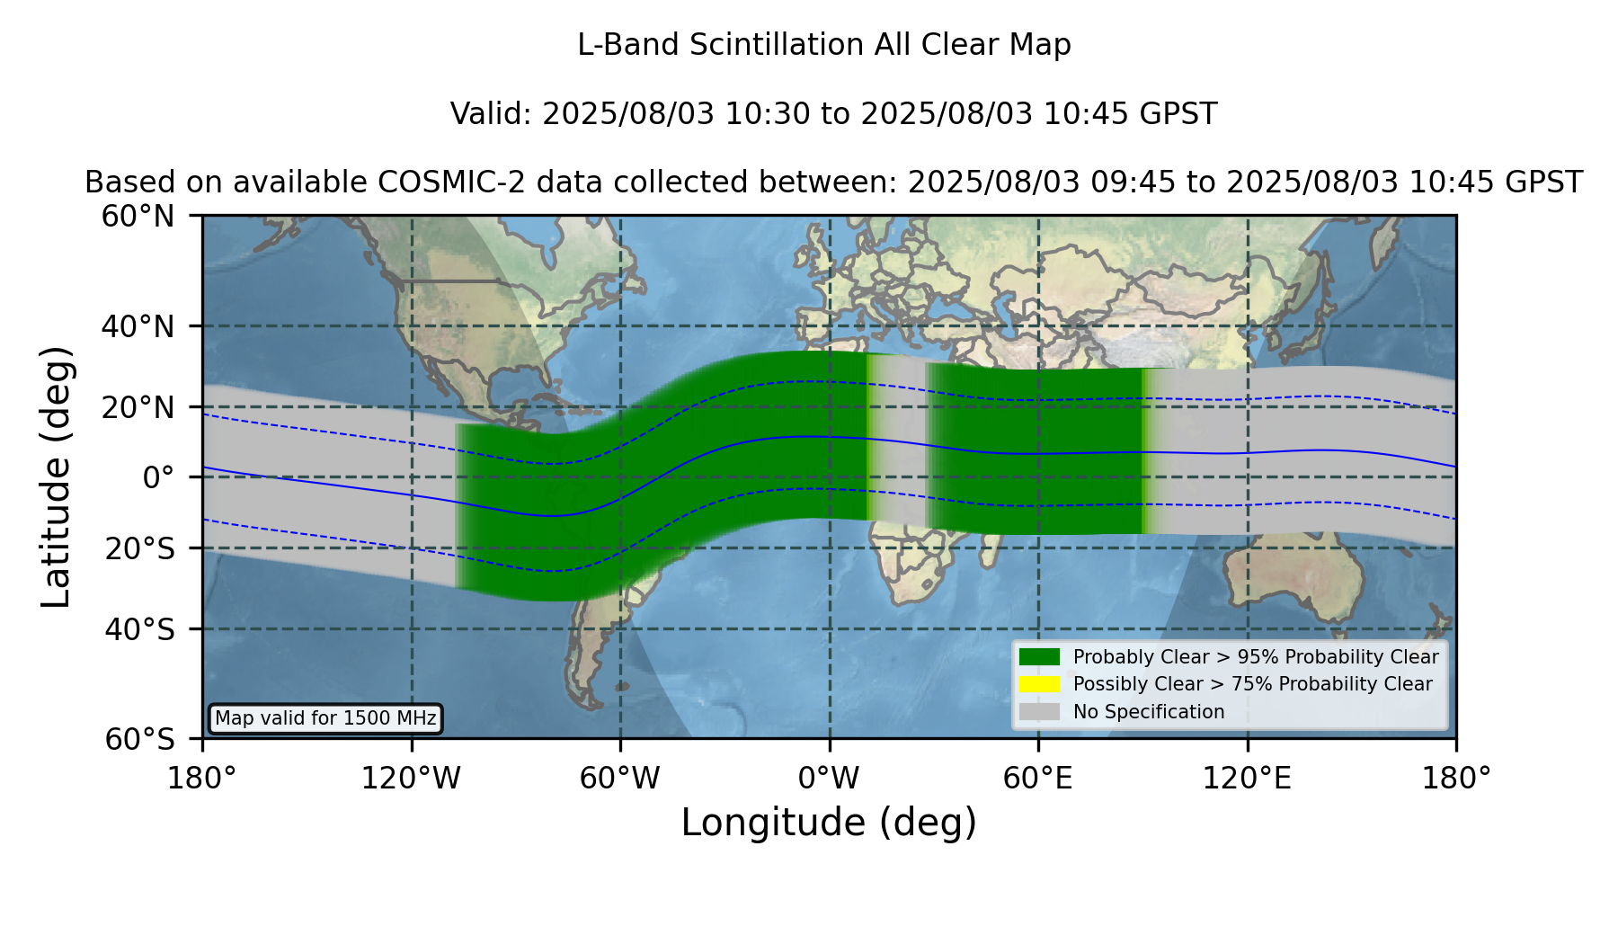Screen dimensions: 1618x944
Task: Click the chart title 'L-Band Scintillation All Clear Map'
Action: point(823,44)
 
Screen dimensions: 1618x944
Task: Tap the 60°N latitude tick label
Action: point(138,216)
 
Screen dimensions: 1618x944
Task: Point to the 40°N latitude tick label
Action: point(138,326)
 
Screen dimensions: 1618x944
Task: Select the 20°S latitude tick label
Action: point(140,548)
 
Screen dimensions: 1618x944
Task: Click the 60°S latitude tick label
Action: point(140,739)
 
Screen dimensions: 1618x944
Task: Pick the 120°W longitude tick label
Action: point(411,778)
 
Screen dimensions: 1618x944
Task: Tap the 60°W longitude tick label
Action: point(620,778)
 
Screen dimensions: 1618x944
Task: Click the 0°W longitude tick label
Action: point(829,778)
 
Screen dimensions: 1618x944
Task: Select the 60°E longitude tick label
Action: point(1038,778)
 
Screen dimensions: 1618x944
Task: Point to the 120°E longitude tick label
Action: point(1247,778)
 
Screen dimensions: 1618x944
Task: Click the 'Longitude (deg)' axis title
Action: point(829,823)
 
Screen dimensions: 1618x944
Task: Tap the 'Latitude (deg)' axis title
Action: point(56,476)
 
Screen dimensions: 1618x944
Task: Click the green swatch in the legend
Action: point(1039,656)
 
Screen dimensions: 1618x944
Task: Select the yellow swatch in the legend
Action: point(1039,683)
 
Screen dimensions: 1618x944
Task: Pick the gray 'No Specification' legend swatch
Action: point(1039,711)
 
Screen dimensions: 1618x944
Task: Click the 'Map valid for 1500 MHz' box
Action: point(325,718)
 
